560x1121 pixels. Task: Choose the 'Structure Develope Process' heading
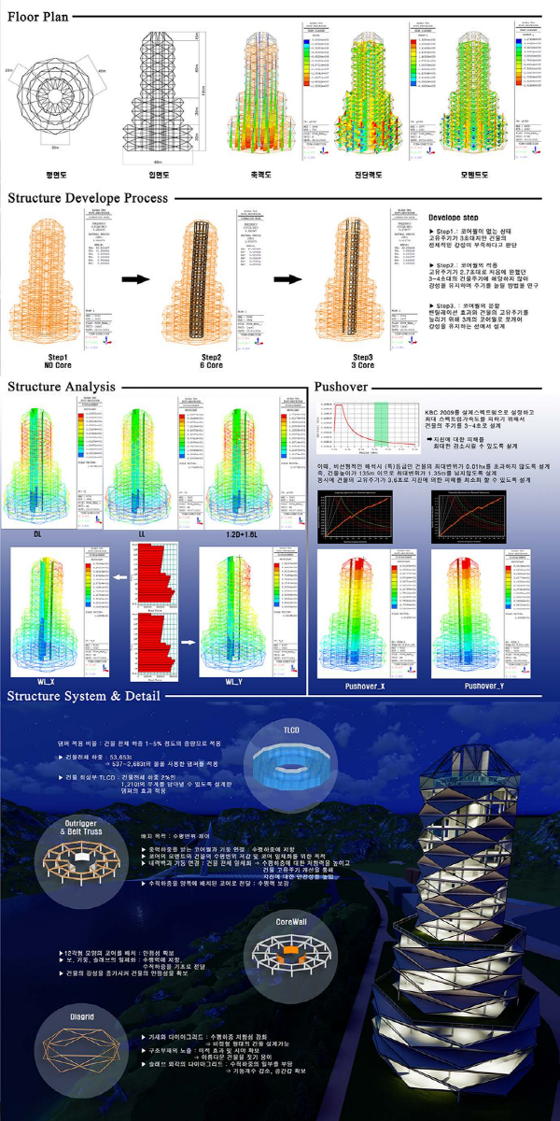[x=88, y=198]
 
